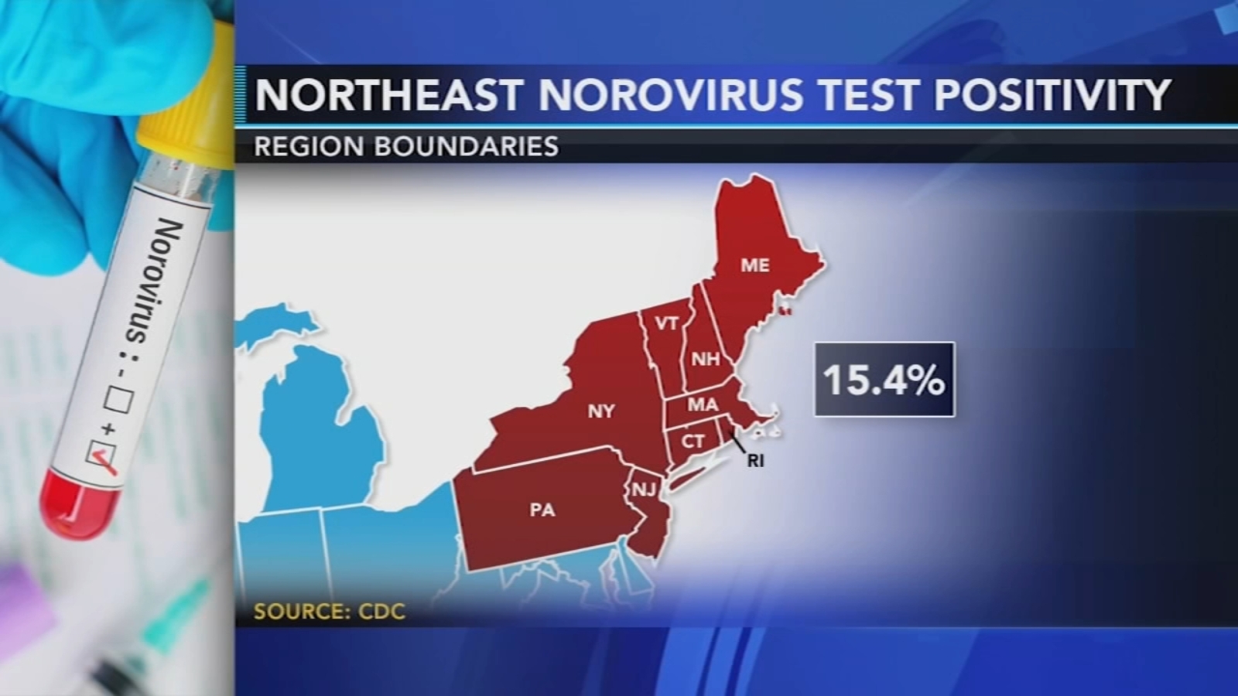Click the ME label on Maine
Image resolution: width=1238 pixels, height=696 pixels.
tap(754, 265)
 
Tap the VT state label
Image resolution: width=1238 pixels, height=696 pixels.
tap(666, 323)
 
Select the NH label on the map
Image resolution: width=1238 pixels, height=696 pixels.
tap(705, 359)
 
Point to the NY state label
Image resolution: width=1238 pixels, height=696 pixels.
tap(601, 411)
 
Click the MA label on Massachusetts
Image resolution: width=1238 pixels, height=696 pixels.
tap(703, 404)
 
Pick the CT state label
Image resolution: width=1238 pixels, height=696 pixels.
tap(693, 441)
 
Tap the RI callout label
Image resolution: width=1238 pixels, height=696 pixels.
tap(755, 461)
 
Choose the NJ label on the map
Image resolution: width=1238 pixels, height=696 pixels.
tap(644, 490)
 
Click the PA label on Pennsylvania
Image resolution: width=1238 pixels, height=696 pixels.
tap(542, 510)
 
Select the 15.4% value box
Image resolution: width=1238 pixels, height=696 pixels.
tap(884, 380)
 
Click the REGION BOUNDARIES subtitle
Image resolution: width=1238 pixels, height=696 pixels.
tap(406, 146)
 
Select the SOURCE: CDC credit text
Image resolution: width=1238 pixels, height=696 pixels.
tap(330, 612)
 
